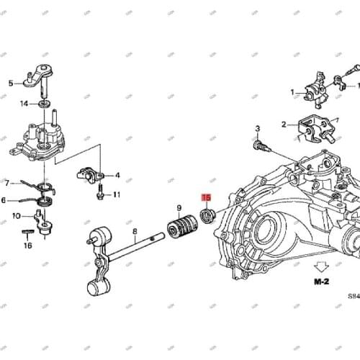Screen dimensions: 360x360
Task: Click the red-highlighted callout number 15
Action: [206, 198]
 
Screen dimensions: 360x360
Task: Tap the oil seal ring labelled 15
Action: [208, 215]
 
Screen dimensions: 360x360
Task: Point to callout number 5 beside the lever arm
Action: [11, 84]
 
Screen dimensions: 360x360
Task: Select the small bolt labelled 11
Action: [100, 194]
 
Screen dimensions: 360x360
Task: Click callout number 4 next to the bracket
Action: [118, 175]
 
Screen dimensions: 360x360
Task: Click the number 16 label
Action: [27, 246]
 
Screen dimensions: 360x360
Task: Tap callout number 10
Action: [17, 215]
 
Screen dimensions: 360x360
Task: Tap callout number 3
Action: [257, 129]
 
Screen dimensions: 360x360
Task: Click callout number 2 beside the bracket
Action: [284, 123]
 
